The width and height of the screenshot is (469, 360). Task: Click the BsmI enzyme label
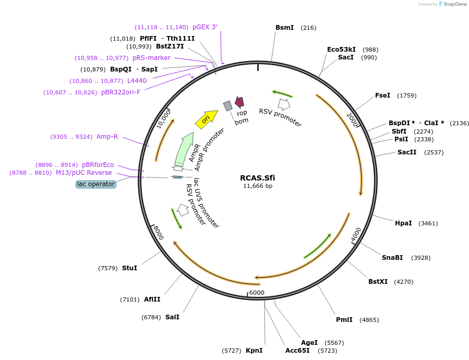tap(284, 28)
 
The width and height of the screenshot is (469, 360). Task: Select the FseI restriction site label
tap(382, 95)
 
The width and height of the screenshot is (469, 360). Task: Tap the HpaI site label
tap(403, 223)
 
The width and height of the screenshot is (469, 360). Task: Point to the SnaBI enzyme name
tap(392, 258)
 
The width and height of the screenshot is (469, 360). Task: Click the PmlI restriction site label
tap(344, 320)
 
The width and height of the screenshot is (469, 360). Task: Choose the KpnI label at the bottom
tap(254, 351)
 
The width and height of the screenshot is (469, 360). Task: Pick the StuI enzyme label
tap(129, 268)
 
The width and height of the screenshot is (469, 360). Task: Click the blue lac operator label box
tap(95, 184)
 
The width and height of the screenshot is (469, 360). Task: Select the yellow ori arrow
tap(206, 118)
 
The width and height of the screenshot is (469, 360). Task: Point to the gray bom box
tap(227, 106)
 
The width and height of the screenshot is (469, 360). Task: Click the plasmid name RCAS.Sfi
tap(257, 178)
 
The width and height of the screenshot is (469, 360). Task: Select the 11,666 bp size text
tap(257, 186)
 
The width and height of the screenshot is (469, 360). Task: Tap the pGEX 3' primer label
tap(205, 27)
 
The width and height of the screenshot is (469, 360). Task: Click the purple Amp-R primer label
tap(107, 137)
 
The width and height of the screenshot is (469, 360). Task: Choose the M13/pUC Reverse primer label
tap(83, 173)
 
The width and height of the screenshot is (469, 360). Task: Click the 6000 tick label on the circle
tap(257, 293)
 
